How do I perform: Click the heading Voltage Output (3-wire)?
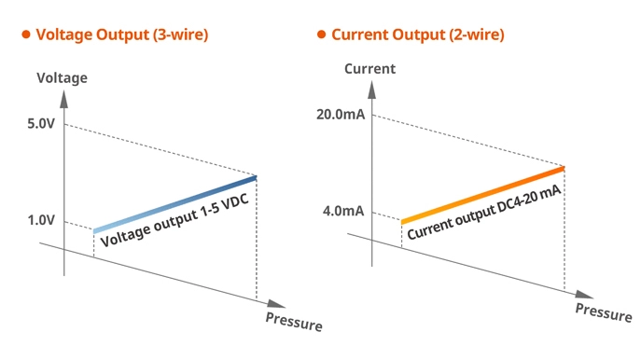pos(121,35)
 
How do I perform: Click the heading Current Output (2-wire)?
pos(417,35)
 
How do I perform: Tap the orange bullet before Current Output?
pos(321,35)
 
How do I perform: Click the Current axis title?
pos(369,69)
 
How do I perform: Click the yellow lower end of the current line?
pos(405,220)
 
